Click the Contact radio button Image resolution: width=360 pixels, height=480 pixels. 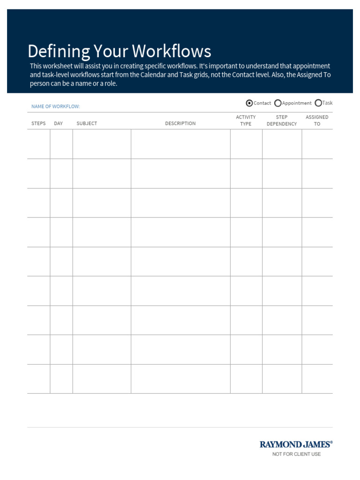[x=249, y=103]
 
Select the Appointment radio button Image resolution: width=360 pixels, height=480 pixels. [x=278, y=103]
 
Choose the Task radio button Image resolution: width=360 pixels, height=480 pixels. [x=319, y=103]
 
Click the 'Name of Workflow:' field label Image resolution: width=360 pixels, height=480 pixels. [x=56, y=106]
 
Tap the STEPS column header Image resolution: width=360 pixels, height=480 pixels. [x=38, y=123]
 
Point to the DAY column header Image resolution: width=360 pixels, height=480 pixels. [x=59, y=123]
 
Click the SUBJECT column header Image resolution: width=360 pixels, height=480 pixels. [x=87, y=123]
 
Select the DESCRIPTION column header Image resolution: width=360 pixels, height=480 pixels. [x=180, y=123]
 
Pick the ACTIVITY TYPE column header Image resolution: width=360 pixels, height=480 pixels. [x=246, y=120]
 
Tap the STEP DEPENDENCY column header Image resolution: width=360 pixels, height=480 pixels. [x=282, y=120]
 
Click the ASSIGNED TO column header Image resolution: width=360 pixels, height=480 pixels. [x=317, y=120]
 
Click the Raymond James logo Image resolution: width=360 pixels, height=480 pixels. [x=296, y=444]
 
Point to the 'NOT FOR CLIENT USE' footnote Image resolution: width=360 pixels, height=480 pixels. [x=297, y=454]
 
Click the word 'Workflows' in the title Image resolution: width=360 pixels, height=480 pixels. [x=172, y=51]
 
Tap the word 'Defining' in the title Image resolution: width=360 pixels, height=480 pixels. [x=58, y=51]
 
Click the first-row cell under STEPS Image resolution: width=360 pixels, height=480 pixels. [x=38, y=144]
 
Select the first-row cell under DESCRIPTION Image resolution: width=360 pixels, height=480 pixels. [x=180, y=144]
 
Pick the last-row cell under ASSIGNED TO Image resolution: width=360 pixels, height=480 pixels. [x=317, y=379]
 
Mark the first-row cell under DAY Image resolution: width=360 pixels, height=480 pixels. [x=61, y=144]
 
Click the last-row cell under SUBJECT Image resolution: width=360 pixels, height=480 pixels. [x=102, y=379]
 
